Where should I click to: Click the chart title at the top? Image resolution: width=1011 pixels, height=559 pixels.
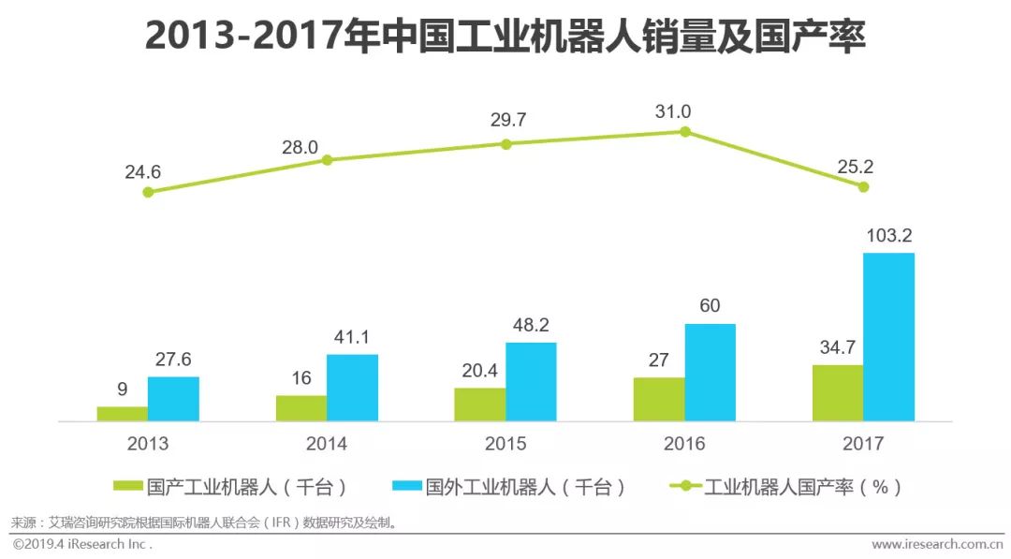click(x=505, y=37)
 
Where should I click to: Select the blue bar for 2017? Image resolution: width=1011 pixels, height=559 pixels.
click(x=888, y=337)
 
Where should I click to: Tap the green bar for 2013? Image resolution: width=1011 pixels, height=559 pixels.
click(x=122, y=414)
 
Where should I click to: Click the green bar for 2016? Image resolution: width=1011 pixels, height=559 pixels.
click(x=658, y=400)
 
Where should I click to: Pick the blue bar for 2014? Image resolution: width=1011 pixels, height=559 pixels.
click(x=352, y=388)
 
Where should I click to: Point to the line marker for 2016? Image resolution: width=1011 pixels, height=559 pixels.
click(x=684, y=132)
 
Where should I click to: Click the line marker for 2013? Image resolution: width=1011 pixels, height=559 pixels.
click(x=148, y=192)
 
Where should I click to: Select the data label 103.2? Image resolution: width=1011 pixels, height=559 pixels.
click(x=888, y=234)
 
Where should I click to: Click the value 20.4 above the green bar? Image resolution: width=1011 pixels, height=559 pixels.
click(x=478, y=369)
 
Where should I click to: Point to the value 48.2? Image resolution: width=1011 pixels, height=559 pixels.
click(x=531, y=324)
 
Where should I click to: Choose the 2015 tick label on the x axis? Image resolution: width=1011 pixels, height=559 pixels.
click(x=505, y=444)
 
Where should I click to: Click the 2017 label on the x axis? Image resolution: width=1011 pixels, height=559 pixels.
click(x=863, y=444)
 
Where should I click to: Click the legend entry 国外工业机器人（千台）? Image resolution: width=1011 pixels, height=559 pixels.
click(x=509, y=486)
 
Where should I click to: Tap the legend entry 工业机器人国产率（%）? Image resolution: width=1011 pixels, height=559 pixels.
click(x=786, y=486)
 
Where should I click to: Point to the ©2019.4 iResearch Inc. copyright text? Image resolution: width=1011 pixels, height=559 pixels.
click(x=82, y=544)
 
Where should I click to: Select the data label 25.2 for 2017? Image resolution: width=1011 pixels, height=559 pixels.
click(x=851, y=167)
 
